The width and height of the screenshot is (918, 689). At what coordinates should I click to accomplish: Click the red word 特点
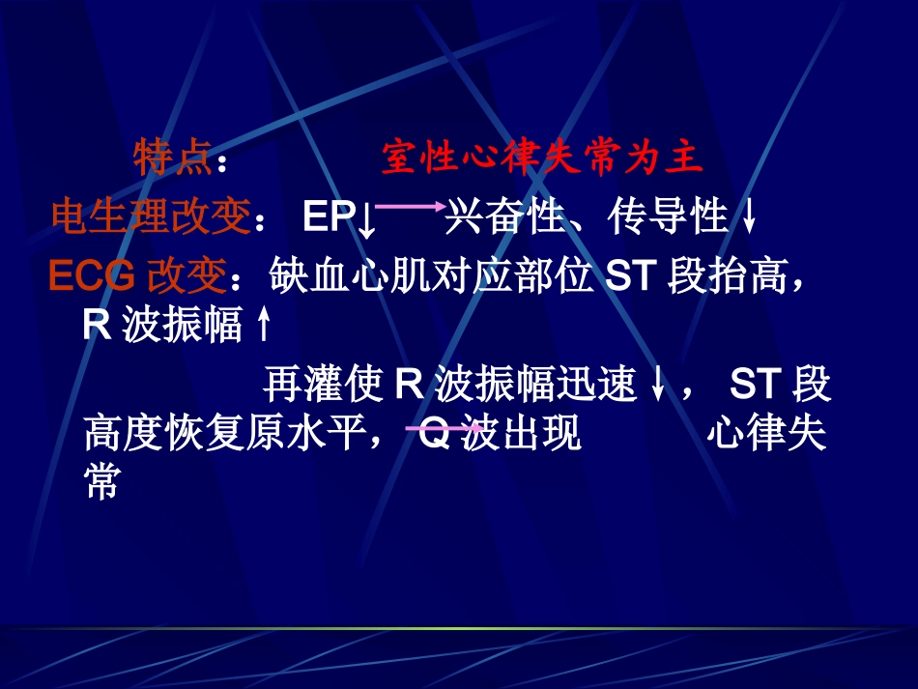(x=172, y=158)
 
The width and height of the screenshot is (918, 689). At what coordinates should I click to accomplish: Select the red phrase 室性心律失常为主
(x=542, y=158)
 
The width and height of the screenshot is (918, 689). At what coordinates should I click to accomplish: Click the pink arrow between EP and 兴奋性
(x=409, y=206)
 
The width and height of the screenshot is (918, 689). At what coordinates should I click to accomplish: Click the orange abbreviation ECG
(x=93, y=276)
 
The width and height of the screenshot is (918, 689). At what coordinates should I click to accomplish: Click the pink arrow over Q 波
(x=444, y=427)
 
